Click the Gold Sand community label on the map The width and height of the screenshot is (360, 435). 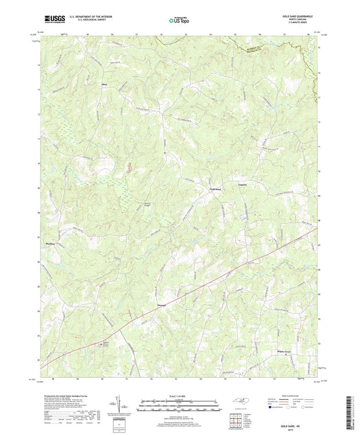[x=215, y=190]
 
